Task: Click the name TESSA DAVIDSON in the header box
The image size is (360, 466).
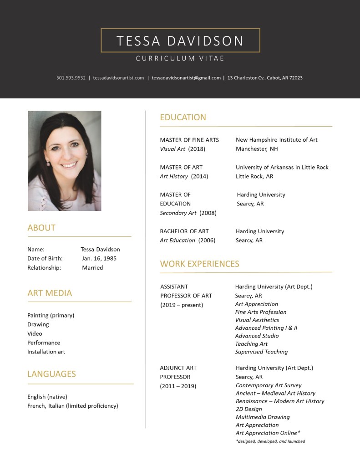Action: coord(180,41)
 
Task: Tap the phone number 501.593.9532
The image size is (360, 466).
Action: coord(71,78)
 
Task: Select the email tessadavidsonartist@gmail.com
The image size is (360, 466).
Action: coord(186,78)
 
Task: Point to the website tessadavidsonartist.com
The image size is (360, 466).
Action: coord(118,78)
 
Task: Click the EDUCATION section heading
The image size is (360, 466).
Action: coord(183,118)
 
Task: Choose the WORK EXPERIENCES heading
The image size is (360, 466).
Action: coord(199,264)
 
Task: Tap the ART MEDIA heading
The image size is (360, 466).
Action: coord(50,293)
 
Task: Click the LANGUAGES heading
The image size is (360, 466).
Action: coord(51,374)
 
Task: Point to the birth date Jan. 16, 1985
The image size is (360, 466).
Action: coord(99,259)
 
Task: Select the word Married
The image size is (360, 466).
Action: coord(92,268)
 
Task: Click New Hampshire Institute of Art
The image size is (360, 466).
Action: coord(277,140)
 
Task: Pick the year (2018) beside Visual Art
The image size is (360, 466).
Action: coord(197,149)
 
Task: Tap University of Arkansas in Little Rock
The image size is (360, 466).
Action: coord(282,167)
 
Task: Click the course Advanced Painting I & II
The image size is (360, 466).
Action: coord(266,328)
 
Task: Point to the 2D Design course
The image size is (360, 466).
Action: coord(249,409)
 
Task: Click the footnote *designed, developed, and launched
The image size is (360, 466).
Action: coord(270,441)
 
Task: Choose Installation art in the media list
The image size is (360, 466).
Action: coord(46,352)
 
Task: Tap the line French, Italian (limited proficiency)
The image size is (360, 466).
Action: coord(73,406)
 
